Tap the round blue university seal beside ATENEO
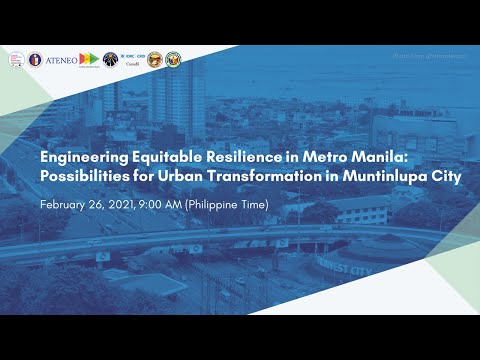point(36,60)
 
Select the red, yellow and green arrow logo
point(89,60)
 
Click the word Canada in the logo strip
point(131,67)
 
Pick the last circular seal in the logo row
point(173,60)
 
